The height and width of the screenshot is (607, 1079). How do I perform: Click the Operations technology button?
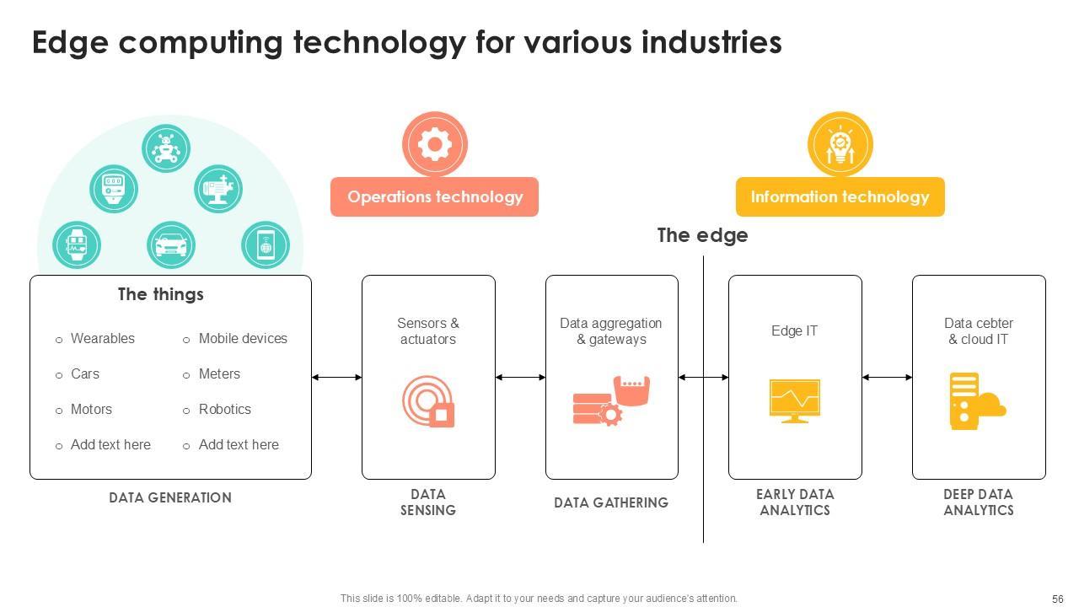pos(434,197)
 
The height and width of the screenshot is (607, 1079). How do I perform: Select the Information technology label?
pos(840,197)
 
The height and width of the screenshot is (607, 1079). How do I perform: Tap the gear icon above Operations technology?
pos(435,144)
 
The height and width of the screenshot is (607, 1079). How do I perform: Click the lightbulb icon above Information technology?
pos(840,144)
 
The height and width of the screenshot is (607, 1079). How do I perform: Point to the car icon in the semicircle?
pos(171,245)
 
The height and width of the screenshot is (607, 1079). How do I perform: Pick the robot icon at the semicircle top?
pos(166,148)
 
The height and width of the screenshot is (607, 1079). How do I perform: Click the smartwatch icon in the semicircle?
pos(77,245)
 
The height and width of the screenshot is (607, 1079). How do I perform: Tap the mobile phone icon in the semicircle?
pos(266,245)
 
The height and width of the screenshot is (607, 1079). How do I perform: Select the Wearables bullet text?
pos(102,339)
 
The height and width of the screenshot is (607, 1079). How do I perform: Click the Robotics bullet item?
pos(224,410)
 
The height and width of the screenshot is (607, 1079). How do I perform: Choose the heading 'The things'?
pos(160,294)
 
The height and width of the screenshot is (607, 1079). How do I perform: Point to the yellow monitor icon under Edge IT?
pos(794,400)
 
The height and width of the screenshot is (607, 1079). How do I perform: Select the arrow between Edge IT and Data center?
pos(887,378)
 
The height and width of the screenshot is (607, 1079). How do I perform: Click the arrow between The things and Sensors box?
pos(336,378)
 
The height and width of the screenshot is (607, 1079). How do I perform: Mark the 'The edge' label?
pos(702,235)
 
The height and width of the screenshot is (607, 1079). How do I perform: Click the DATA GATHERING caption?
pos(611,502)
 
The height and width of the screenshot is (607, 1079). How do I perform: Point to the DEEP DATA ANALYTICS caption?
pos(978,502)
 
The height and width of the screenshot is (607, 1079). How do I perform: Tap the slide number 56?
pos(1057,599)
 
